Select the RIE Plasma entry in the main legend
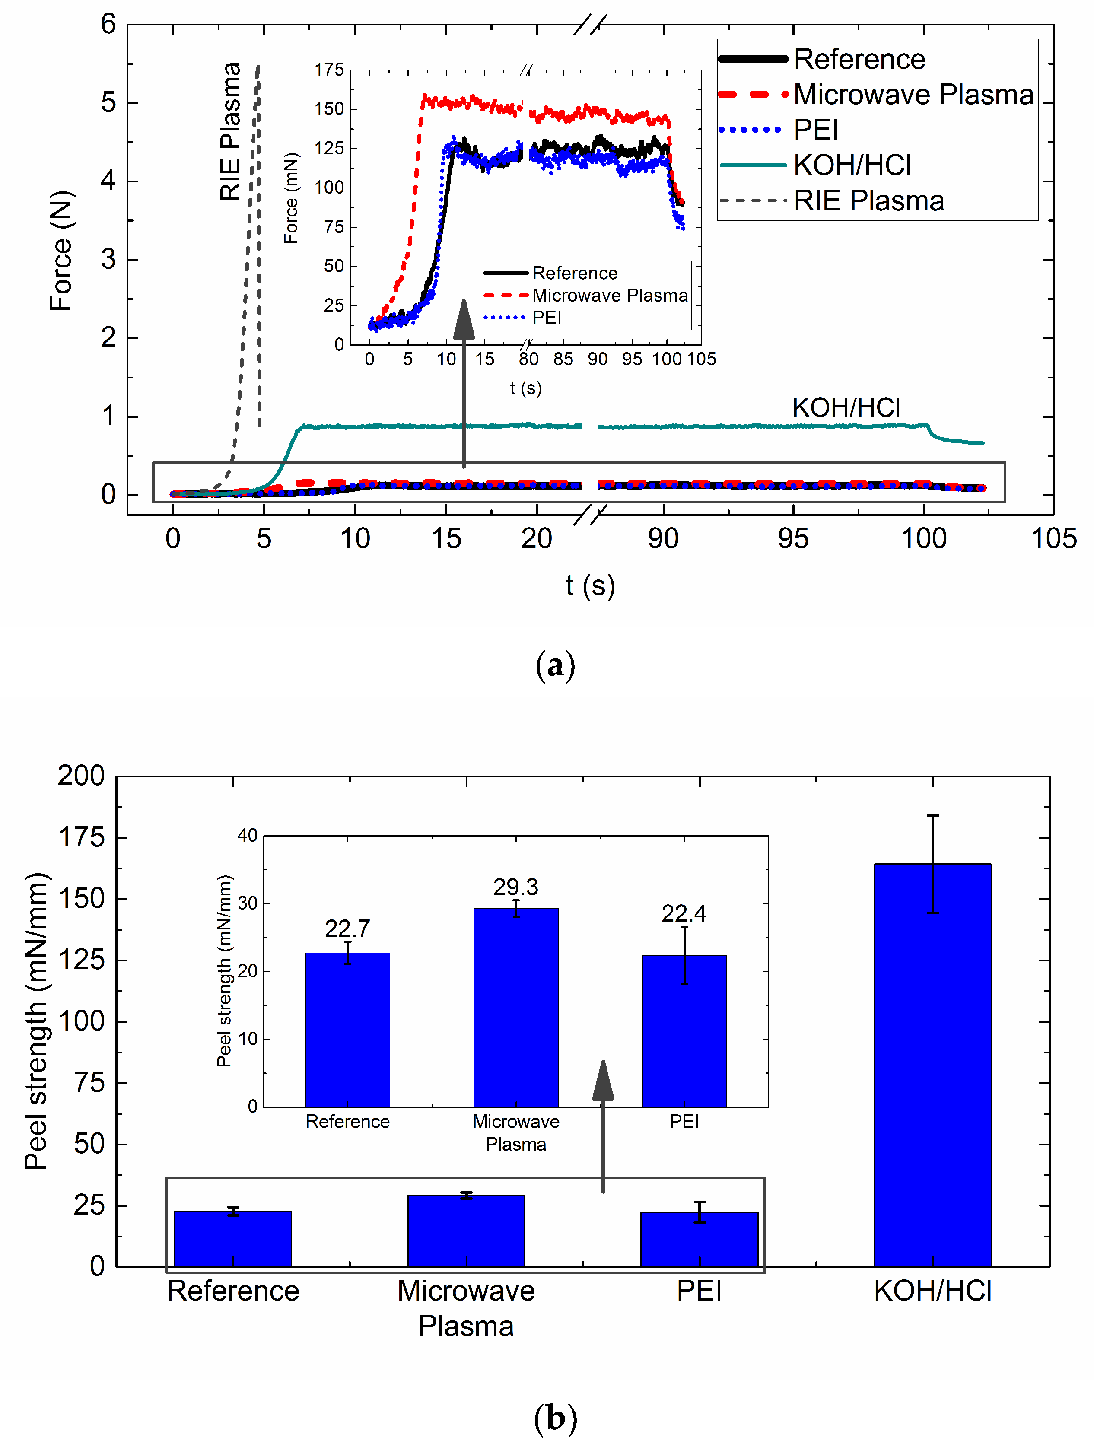(x=868, y=201)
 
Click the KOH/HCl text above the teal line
(x=846, y=407)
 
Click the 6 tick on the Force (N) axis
(x=108, y=25)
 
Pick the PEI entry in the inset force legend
(x=546, y=318)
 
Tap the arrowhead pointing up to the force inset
(x=464, y=320)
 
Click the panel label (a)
(x=554, y=666)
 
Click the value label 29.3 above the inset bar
(x=515, y=887)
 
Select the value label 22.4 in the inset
(x=684, y=914)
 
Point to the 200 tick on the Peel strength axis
(x=82, y=776)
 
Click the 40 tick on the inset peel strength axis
(x=248, y=836)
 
